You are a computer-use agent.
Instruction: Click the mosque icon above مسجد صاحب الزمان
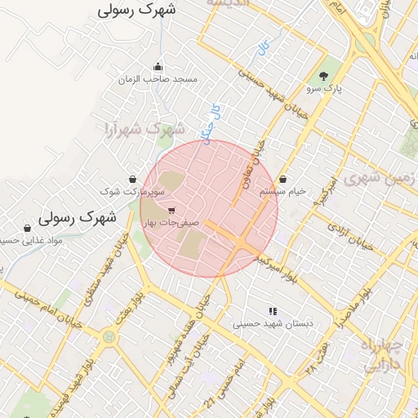click(158, 68)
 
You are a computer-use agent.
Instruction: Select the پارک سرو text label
click(322, 87)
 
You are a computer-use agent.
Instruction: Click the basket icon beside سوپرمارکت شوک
click(132, 179)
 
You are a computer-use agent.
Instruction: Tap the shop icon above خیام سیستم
click(282, 179)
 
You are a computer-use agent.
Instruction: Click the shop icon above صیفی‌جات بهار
click(170, 211)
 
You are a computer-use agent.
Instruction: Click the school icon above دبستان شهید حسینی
click(273, 310)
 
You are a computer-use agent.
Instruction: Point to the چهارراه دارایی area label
click(383, 356)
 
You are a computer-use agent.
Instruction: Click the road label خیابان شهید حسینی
click(278, 90)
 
